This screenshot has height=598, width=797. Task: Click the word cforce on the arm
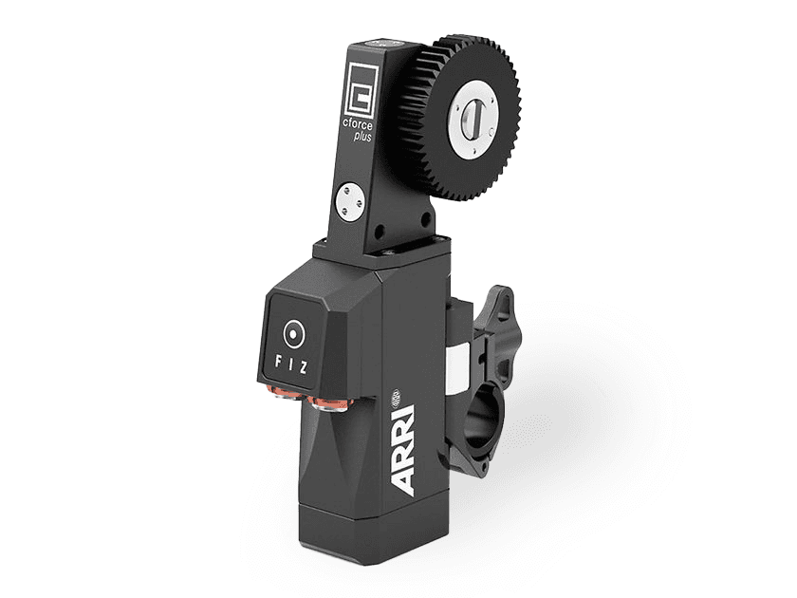pyautogui.click(x=357, y=124)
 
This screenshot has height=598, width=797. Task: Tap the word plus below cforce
pyautogui.click(x=362, y=137)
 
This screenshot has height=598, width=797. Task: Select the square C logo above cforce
pyautogui.click(x=361, y=89)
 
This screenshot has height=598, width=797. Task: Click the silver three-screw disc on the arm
pyautogui.click(x=350, y=202)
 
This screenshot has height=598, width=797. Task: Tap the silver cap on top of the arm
pyautogui.click(x=385, y=43)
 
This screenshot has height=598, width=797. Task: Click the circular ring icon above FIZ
pyautogui.click(x=293, y=333)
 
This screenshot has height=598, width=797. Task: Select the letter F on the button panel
pyautogui.click(x=278, y=363)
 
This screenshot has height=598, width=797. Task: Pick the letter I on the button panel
pyautogui.click(x=291, y=365)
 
